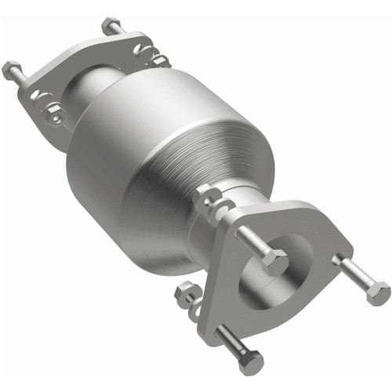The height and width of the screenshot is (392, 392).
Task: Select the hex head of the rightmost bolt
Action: [377, 293]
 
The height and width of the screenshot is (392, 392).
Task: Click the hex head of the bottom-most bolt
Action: [250, 361]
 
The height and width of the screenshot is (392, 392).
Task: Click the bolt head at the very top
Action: [111, 24]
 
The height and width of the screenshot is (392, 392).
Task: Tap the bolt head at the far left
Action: [12, 70]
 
